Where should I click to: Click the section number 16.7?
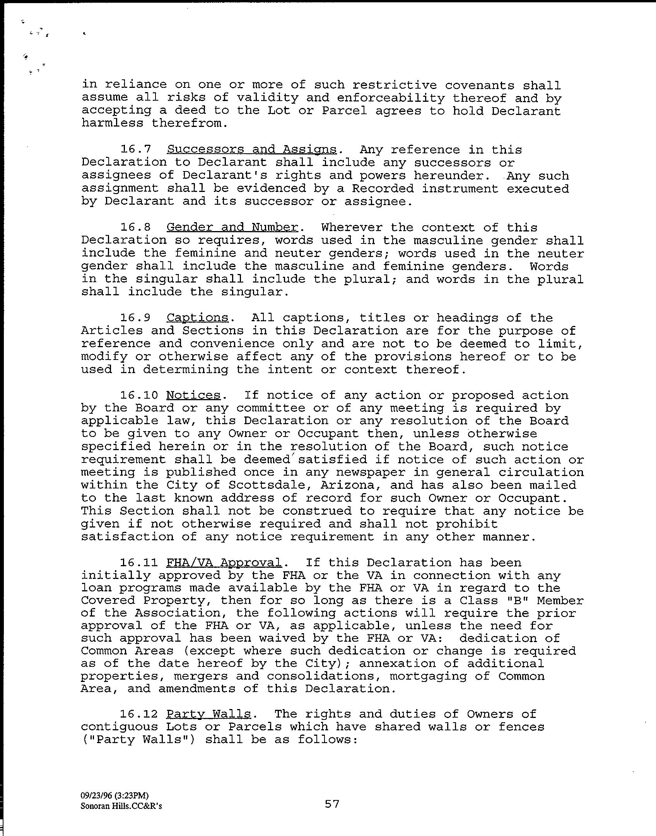tap(135, 149)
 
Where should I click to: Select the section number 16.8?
tap(135, 227)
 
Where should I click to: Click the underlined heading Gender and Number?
tap(232, 227)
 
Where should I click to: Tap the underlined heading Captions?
tap(197, 318)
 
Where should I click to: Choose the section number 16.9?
tap(135, 318)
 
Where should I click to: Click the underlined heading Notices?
tap(193, 395)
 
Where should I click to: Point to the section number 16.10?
tap(139, 395)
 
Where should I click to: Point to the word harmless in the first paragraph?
tap(112, 123)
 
